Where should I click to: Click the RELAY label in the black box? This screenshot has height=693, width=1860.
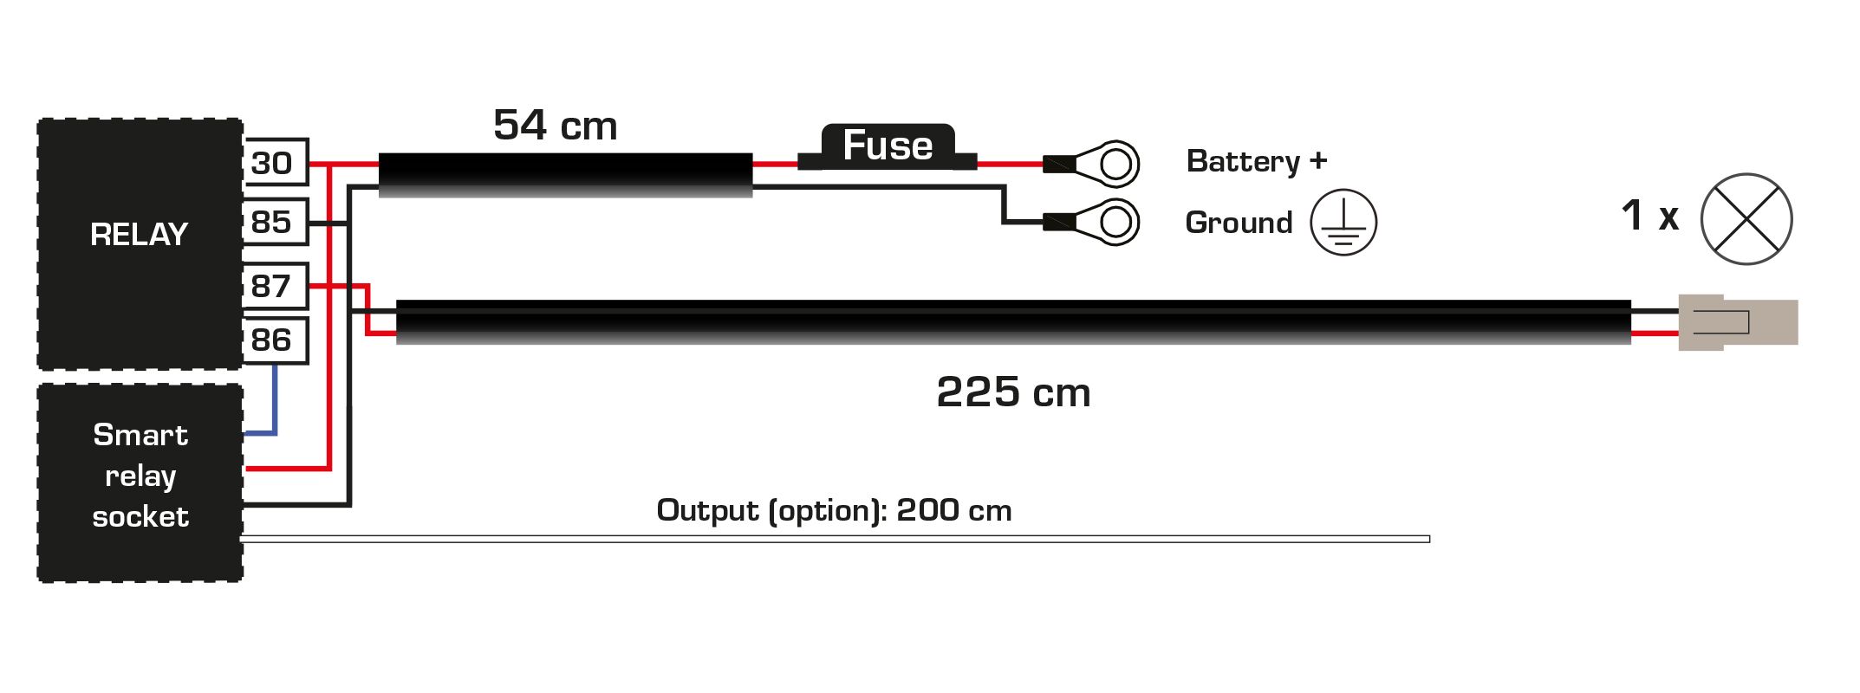click(139, 235)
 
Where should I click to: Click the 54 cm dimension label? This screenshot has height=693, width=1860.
click(555, 126)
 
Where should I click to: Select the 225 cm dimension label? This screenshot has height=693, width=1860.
click(1013, 392)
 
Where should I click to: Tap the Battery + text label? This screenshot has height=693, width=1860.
click(1256, 161)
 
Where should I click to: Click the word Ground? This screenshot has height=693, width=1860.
click(1239, 223)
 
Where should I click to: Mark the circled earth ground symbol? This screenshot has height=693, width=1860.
click(1343, 223)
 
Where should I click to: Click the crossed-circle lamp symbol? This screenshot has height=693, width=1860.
click(1746, 219)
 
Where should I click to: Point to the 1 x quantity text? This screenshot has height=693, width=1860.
click(1649, 216)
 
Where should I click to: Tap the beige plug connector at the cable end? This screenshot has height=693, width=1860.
click(1737, 323)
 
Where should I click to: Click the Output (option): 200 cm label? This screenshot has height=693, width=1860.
click(834, 510)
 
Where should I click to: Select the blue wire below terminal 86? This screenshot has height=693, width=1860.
click(275, 398)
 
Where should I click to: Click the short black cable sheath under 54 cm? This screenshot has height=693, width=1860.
click(565, 175)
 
